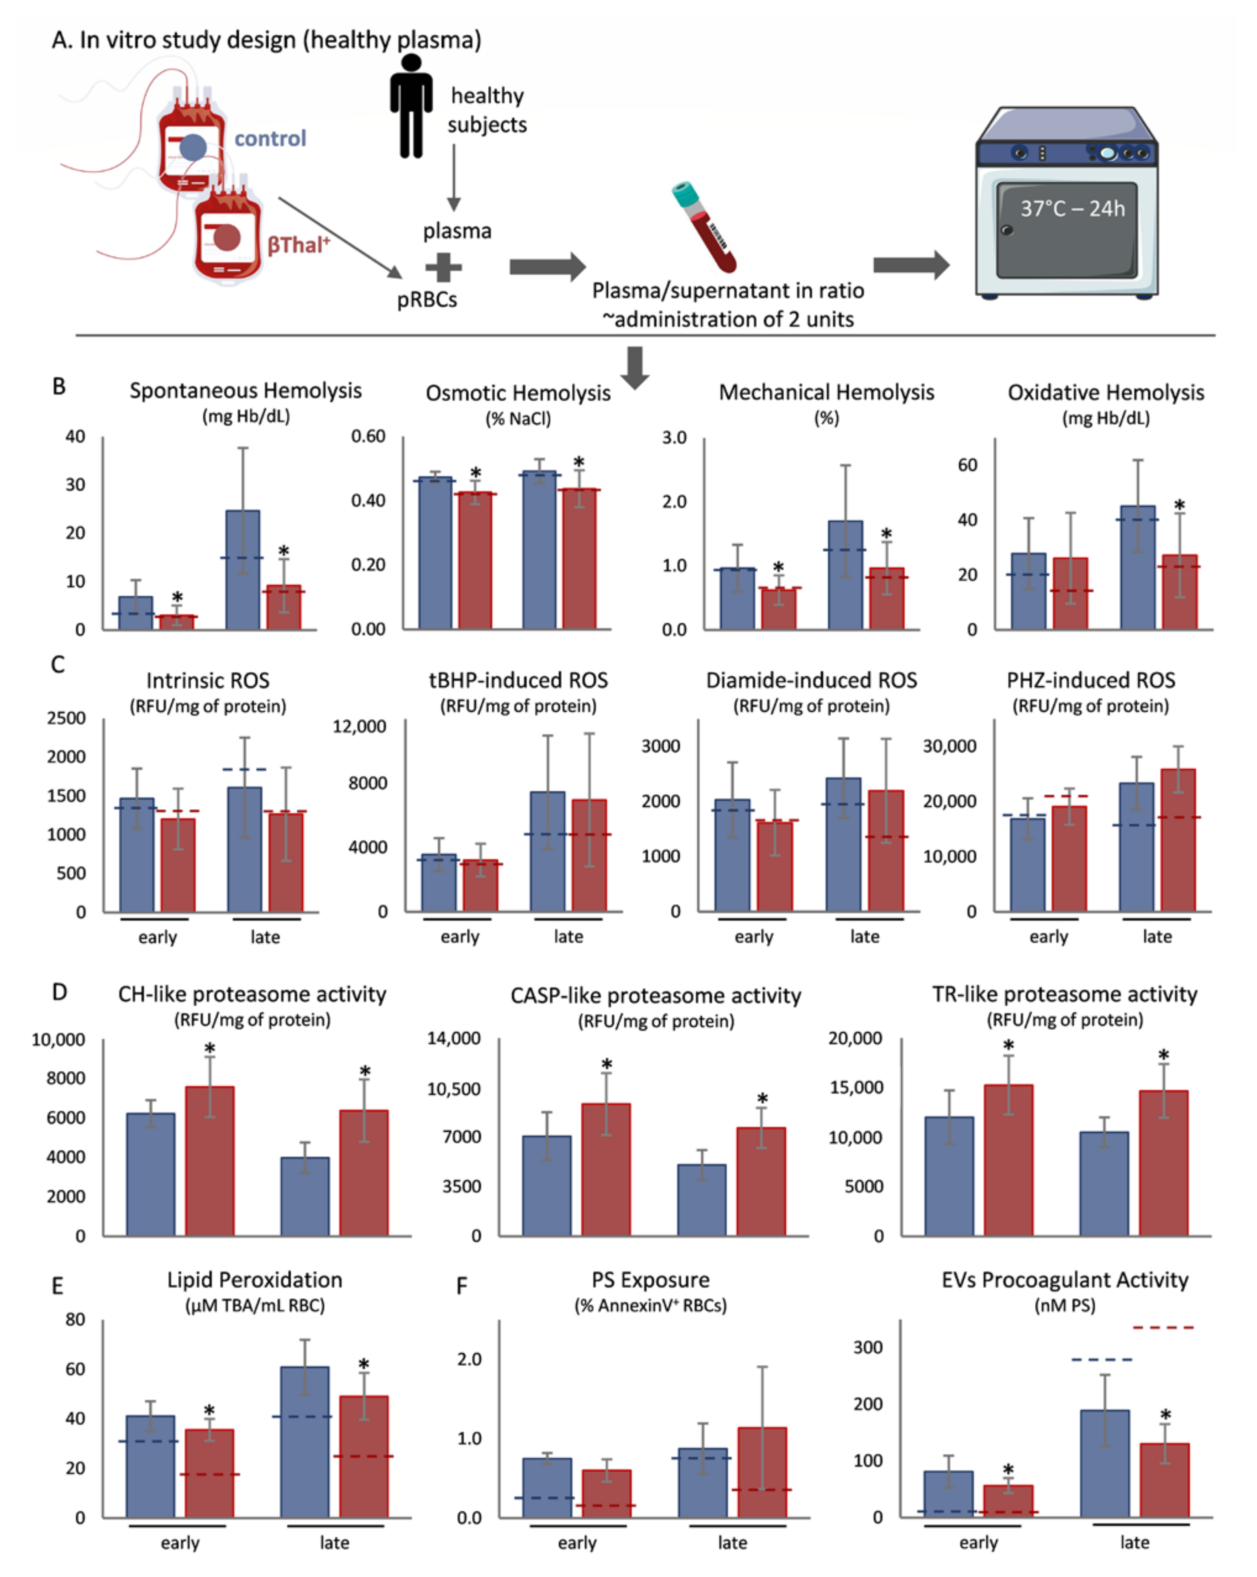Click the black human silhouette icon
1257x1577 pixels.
pyautogui.click(x=411, y=106)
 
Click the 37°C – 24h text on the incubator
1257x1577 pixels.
pyautogui.click(x=1072, y=209)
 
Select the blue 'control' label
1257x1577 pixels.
pyautogui.click(x=270, y=138)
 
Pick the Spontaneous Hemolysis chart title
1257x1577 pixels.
pyautogui.click(x=246, y=391)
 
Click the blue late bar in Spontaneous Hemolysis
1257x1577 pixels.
pyautogui.click(x=243, y=570)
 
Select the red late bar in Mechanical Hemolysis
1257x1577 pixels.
pyautogui.click(x=887, y=598)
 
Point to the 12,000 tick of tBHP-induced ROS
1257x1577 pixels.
pyautogui.click(x=359, y=726)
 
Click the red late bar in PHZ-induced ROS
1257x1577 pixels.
pyautogui.click(x=1178, y=840)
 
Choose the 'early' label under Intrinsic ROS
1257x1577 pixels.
pyautogui.click(x=158, y=937)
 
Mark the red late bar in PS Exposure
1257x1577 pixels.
pyautogui.click(x=762, y=1472)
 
